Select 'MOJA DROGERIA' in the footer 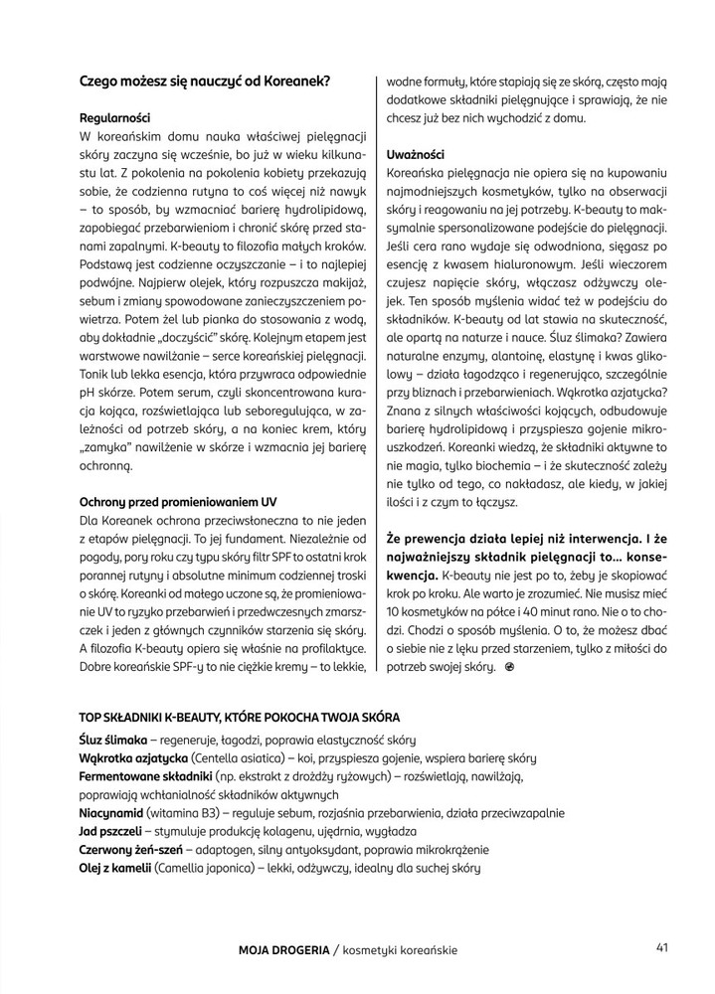283,949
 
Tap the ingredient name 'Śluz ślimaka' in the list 112,741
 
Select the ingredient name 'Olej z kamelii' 114,868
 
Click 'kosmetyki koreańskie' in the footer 400,949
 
